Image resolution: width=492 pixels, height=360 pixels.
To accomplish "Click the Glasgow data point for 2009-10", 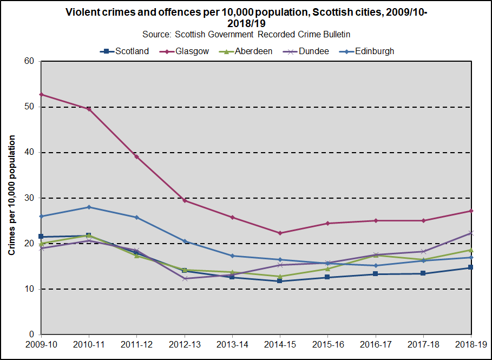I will tap(41, 94).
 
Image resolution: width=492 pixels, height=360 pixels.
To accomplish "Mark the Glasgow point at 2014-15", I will tap(280, 233).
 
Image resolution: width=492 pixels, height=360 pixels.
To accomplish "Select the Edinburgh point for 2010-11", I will tap(89, 207).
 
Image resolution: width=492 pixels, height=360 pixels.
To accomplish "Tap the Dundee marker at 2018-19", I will tap(471, 233).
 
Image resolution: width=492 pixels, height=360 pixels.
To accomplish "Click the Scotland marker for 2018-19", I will tap(471, 267).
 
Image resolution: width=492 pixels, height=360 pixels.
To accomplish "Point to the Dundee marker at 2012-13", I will tap(185, 278).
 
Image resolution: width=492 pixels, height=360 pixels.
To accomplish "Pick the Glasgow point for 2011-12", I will tap(137, 156).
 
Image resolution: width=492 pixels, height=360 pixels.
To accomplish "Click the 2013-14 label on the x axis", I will tap(232, 344).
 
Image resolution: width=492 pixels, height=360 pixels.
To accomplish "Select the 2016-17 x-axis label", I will tap(375, 344).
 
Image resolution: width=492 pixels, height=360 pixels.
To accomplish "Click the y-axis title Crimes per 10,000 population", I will tap(12, 195).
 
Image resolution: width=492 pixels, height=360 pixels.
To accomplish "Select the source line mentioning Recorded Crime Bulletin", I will tap(246, 34).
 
